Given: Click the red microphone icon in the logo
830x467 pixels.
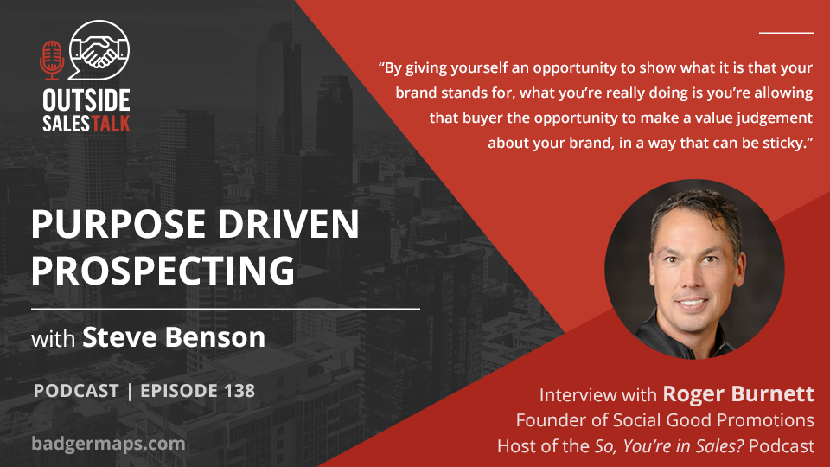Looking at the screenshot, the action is (x=52, y=61).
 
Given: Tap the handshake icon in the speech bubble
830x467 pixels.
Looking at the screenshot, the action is (x=99, y=51).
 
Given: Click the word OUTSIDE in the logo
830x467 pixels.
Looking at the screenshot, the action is (x=86, y=100).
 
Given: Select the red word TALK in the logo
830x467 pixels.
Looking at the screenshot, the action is (x=111, y=124).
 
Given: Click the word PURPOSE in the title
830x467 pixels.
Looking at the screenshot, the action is (x=118, y=224).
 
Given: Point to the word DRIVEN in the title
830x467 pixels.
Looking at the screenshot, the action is (x=289, y=224).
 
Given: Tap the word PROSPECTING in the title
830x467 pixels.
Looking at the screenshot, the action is (x=163, y=271).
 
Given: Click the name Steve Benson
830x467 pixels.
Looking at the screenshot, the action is (x=174, y=337).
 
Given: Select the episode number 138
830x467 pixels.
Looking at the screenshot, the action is (x=239, y=391).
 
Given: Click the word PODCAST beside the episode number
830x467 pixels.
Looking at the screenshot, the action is (x=76, y=391).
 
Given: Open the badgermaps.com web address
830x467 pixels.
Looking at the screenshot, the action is (x=109, y=443).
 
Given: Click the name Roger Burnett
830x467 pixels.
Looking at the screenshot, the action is (x=738, y=394).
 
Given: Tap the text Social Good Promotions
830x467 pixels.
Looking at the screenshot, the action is (x=713, y=420).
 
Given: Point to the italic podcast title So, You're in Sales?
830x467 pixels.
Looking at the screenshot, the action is (x=669, y=446).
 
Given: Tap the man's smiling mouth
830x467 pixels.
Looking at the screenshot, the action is (x=692, y=304).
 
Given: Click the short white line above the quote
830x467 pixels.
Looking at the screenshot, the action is (x=786, y=33).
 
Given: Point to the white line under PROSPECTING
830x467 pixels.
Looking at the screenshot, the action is (x=226, y=308).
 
